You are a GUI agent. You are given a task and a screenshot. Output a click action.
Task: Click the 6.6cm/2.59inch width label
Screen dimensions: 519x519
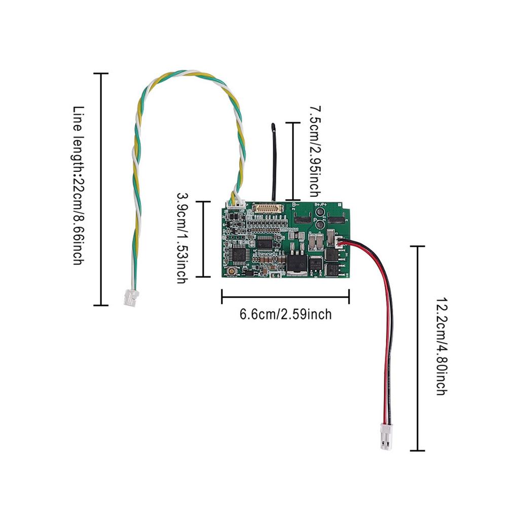(x=285, y=314)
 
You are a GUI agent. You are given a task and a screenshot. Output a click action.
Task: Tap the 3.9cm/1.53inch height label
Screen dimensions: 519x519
(x=181, y=238)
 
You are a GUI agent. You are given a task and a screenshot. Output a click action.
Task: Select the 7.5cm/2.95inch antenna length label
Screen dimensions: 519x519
(x=315, y=152)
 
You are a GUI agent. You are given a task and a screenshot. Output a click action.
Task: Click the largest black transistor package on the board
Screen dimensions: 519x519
(x=297, y=263)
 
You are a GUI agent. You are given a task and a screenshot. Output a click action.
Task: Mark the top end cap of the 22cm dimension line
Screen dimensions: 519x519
(x=101, y=73)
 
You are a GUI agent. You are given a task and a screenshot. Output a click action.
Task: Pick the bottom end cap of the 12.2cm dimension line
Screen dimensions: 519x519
(x=417, y=450)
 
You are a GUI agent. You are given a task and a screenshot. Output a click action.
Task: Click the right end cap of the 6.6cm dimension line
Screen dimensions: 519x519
(x=349, y=296)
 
